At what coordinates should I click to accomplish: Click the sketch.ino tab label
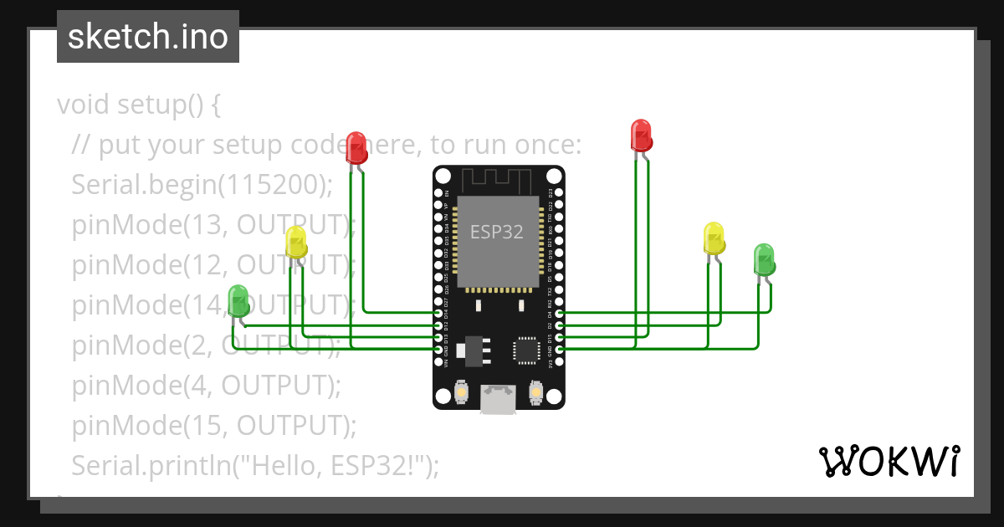147,37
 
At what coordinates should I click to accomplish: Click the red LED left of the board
356,147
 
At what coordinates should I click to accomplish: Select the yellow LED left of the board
296,242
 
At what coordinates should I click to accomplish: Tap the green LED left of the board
238,300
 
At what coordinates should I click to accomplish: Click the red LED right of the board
641,136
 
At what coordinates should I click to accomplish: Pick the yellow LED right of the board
714,238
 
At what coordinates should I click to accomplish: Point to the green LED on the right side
764,259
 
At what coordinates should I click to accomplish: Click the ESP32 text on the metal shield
497,232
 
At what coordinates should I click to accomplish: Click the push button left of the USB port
461,391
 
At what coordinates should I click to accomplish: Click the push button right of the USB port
537,391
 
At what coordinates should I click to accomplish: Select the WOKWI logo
889,461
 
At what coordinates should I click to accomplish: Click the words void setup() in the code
138,105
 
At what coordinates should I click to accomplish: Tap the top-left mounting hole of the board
443,177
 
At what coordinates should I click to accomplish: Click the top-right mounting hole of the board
554,177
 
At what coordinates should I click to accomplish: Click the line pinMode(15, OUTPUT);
214,426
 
